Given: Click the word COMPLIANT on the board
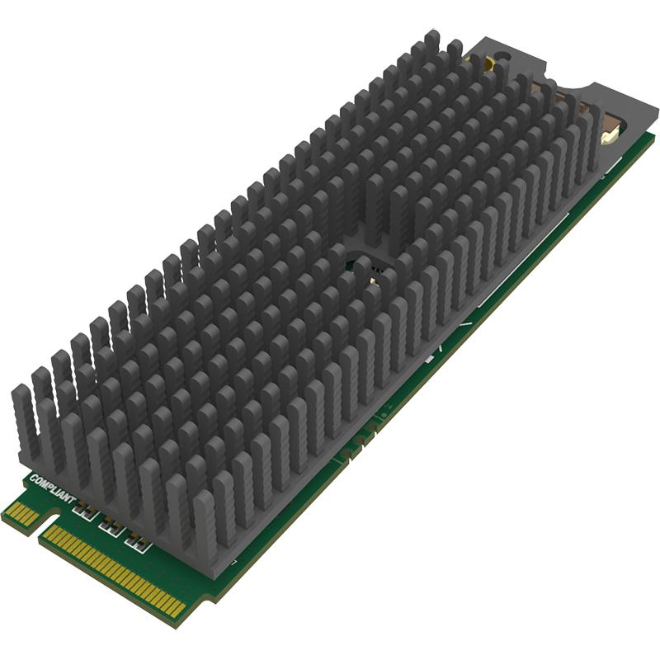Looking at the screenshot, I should [53, 489].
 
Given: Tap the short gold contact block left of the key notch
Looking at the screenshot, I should [21, 516].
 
